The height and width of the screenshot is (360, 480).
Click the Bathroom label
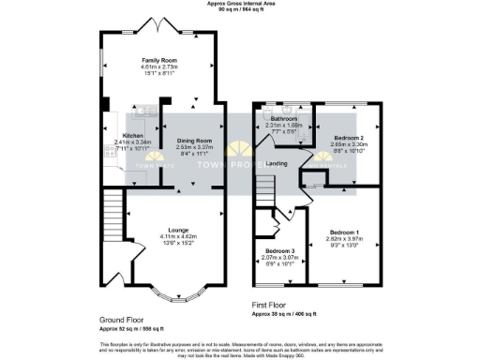[x=284, y=119]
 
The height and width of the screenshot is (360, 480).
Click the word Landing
[x=277, y=164]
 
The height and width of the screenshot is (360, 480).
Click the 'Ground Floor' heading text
[x=120, y=320]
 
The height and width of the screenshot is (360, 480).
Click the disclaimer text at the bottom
[x=240, y=348]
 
